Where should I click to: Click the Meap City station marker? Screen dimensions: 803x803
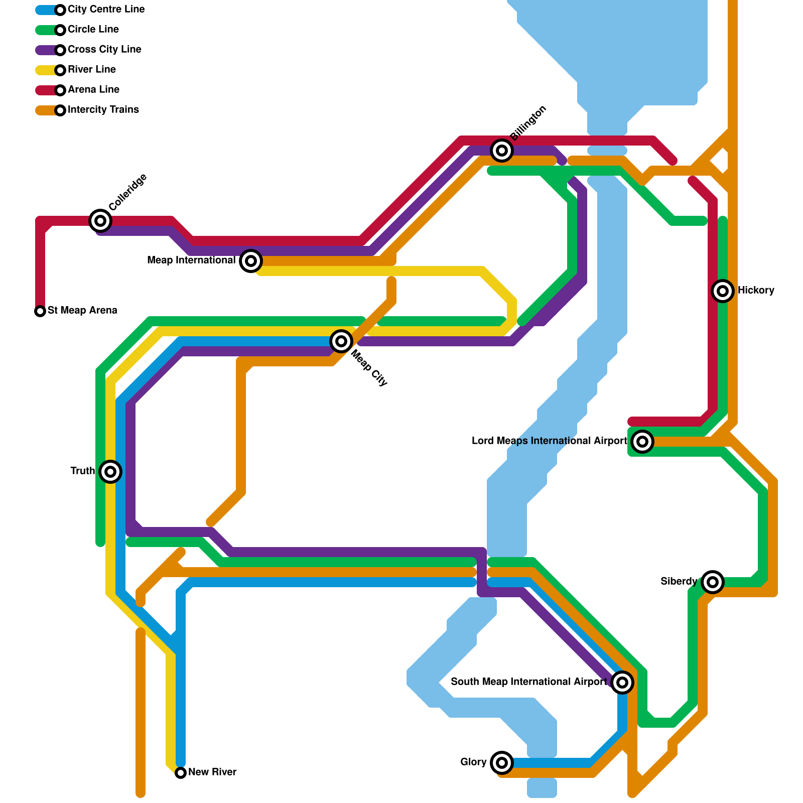coord(341,341)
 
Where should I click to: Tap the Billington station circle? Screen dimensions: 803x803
coord(502,150)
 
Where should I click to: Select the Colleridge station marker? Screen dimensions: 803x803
coord(100,220)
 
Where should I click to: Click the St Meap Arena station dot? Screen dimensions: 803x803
coord(40,311)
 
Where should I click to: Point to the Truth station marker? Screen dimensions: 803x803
coord(110,472)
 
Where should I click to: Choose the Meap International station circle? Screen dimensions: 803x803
coord(251,260)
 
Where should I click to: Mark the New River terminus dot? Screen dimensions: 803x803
coord(181,773)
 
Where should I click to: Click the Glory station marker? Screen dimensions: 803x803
coord(502,763)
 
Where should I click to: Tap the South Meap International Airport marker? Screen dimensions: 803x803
coord(622,683)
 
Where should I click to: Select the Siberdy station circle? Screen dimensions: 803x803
coord(713,582)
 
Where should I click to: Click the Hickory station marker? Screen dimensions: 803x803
coord(723,291)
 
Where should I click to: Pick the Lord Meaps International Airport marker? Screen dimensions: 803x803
coord(642,442)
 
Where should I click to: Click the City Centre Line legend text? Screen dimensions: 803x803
coord(106,10)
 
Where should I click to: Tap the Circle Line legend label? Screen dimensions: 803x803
coord(93,30)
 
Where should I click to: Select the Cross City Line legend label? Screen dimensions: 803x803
coord(104,50)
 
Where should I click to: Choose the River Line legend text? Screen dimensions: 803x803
coord(92,70)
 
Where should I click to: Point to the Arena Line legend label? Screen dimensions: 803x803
coord(93,90)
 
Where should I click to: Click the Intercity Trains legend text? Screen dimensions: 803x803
coord(103,110)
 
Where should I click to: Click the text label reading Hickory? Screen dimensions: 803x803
coord(756,291)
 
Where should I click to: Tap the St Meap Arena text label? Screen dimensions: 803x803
coord(82,311)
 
